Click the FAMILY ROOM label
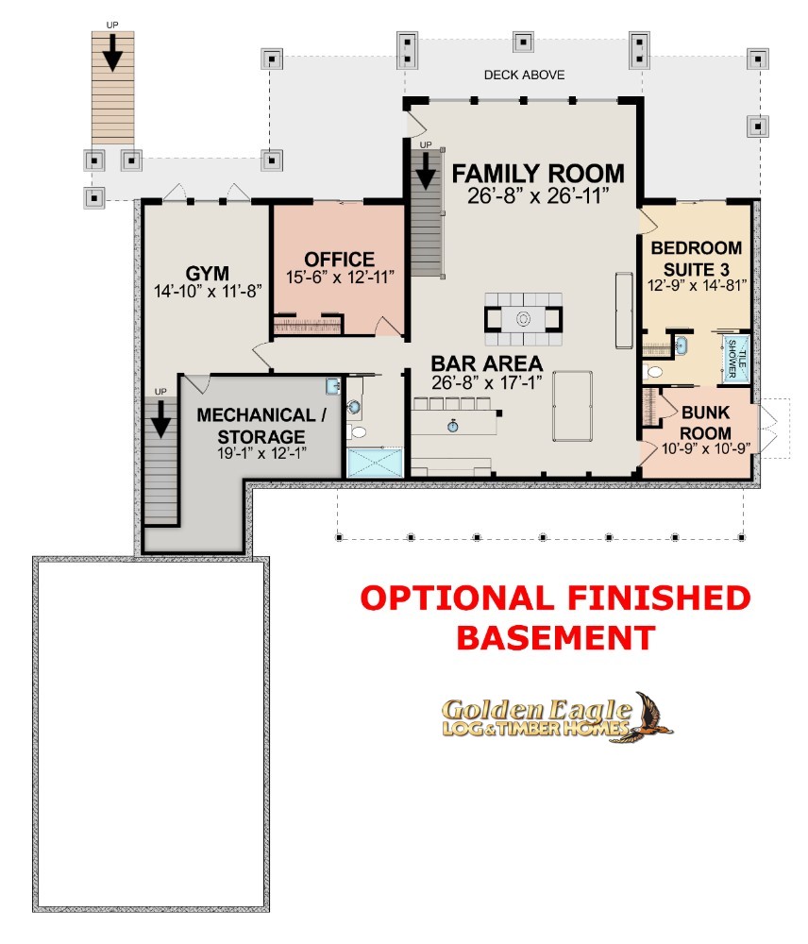click(538, 174)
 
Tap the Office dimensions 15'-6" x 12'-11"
click(340, 277)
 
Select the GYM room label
click(207, 273)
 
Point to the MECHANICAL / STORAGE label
click(261, 426)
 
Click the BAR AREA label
click(486, 363)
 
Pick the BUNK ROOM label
click(706, 423)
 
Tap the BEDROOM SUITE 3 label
click(697, 259)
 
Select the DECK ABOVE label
click(525, 75)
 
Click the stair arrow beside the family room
click(426, 171)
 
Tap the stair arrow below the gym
click(160, 419)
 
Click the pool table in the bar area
click(572, 406)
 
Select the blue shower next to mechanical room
click(375, 463)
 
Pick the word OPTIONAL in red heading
click(457, 598)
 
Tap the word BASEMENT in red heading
click(556, 637)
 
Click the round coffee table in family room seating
click(523, 318)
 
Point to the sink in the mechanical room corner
click(333, 386)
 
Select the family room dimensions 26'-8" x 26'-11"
click(538, 195)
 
